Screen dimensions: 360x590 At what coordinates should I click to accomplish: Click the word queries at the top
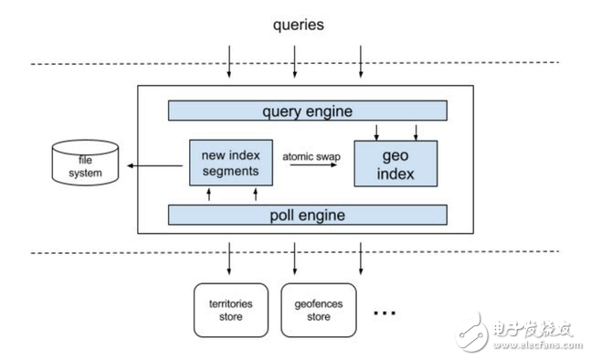pos(298,25)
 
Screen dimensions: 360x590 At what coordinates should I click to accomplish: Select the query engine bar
pos(307,111)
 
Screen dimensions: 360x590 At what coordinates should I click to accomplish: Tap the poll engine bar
pos(307,215)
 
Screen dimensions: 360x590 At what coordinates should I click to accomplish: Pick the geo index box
pos(395,163)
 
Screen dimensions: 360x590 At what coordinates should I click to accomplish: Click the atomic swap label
pos(311,156)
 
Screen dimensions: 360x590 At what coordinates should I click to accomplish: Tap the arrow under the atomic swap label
pos(312,169)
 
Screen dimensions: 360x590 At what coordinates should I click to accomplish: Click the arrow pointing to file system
pos(155,165)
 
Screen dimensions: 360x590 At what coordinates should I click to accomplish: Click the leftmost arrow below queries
pos(230,64)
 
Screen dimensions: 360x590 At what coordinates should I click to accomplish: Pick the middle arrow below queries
pos(295,64)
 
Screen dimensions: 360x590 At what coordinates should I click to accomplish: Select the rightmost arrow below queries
pos(363,64)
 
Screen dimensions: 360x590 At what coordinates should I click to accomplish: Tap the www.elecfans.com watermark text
pos(535,347)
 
